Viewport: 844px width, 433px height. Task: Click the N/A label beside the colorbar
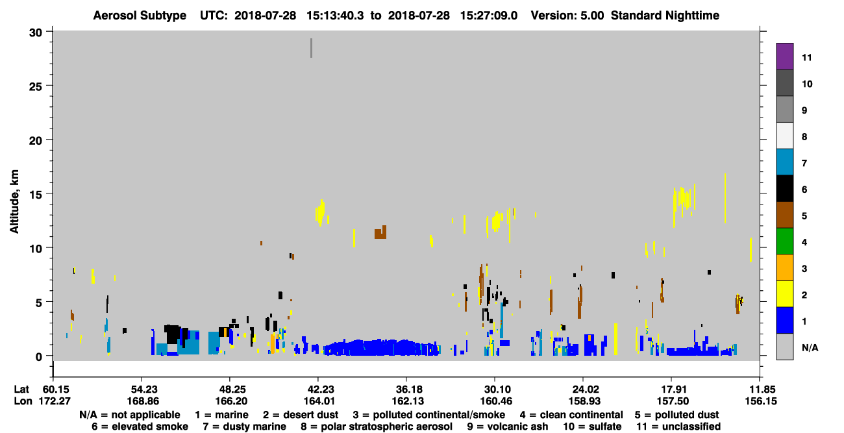810,347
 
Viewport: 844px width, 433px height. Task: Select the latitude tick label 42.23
319,390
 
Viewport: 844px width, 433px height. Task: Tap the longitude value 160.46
495,401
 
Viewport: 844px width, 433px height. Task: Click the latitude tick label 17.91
672,390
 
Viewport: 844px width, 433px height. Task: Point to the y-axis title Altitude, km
14,202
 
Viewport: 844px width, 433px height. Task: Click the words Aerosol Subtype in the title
140,16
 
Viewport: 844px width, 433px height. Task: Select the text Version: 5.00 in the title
567,16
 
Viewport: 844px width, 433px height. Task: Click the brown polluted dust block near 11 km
380,233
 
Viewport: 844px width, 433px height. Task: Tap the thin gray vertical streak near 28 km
311,48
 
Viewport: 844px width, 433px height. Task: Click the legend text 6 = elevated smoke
140,427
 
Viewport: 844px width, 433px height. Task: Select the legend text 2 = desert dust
301,415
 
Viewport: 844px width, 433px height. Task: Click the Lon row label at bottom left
23,401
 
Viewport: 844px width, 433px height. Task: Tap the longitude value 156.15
761,401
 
